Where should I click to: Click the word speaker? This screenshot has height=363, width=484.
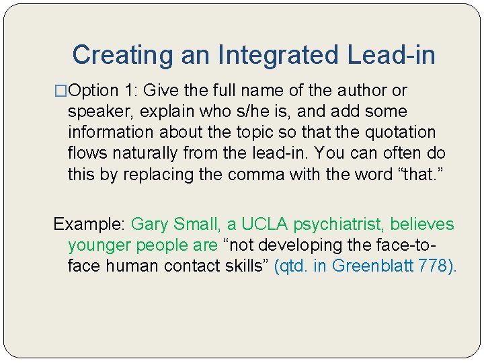click(95, 112)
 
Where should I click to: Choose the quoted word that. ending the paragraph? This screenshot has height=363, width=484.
click(417, 175)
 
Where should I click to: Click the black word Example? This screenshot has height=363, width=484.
click(89, 225)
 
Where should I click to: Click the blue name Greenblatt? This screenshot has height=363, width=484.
click(372, 266)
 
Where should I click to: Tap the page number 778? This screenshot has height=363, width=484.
click(433, 266)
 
